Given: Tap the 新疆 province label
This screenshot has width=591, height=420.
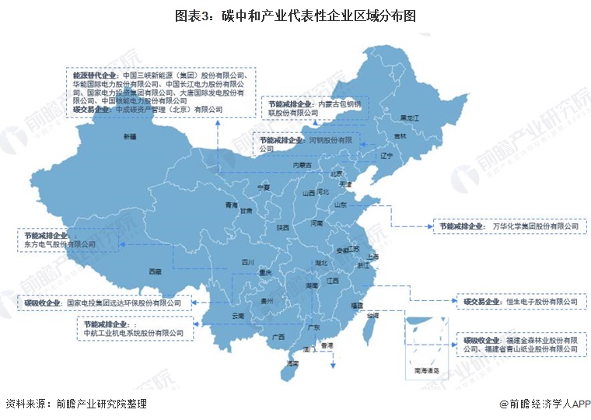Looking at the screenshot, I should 129,137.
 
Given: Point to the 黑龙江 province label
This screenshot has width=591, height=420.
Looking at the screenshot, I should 409,117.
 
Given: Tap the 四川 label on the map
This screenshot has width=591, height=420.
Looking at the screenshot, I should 248,262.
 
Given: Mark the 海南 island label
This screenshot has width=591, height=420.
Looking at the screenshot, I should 292,363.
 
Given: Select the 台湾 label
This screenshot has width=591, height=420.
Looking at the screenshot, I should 373,315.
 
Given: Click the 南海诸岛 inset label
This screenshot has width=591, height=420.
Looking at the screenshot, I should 426,371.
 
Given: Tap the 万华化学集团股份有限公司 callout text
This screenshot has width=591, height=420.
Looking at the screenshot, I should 536,226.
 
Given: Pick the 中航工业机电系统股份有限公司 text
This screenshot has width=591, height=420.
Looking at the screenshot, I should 133,333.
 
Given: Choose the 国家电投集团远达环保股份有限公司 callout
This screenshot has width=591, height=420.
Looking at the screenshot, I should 123,302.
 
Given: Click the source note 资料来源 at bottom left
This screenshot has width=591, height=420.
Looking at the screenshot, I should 75,404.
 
